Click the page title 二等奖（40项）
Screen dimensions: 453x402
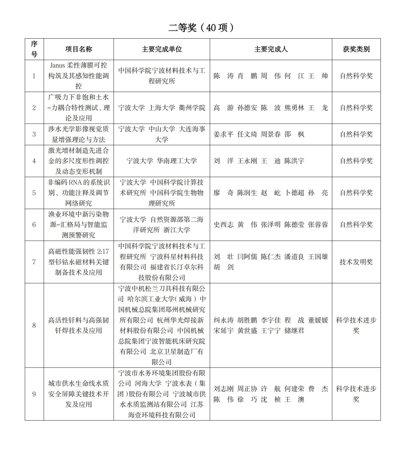click(201, 28)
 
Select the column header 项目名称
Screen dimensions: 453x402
click(79, 49)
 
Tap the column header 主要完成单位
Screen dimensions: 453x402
click(162, 49)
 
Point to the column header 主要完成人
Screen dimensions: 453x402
click(271, 49)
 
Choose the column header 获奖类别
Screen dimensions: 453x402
click(356, 49)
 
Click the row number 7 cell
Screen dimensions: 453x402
click(34, 262)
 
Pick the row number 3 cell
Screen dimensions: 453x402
click(34, 134)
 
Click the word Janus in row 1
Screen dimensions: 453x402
click(57, 65)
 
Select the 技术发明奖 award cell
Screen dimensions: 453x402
click(356, 262)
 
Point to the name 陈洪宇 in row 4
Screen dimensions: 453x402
click(294, 161)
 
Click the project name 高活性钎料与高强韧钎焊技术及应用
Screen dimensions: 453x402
click(79, 325)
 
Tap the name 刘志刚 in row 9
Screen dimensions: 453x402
click(223, 389)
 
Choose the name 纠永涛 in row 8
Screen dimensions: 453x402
click(223, 320)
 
